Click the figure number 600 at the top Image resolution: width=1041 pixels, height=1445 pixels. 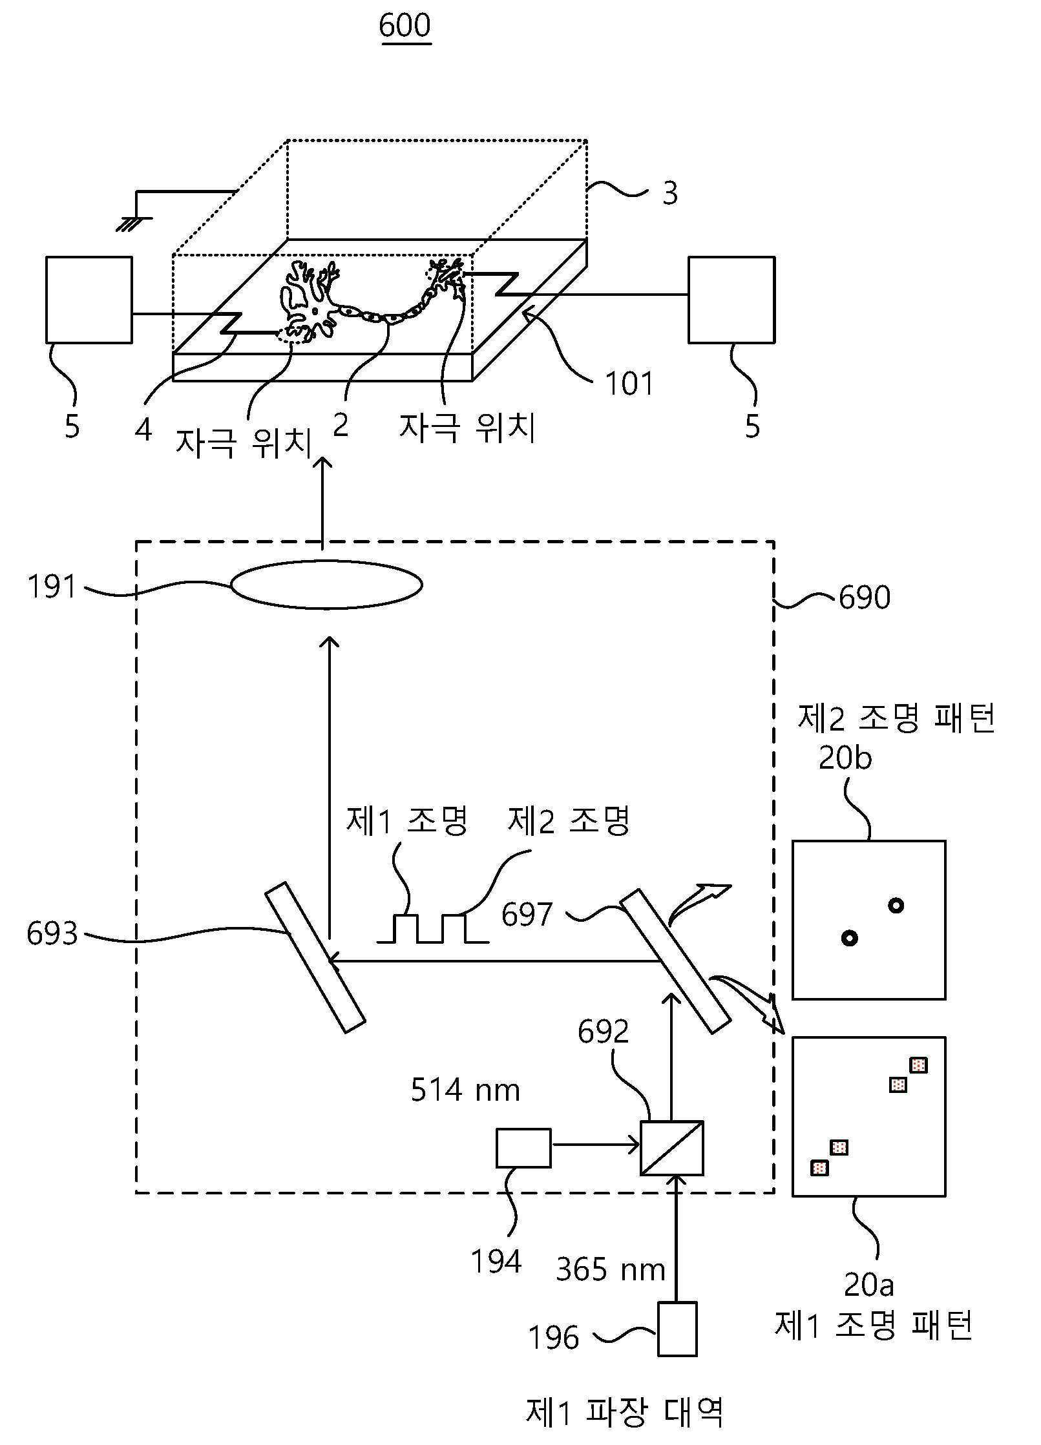point(405,26)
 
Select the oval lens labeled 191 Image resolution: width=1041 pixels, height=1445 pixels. point(327,585)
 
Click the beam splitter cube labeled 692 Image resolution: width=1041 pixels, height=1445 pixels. point(672,1148)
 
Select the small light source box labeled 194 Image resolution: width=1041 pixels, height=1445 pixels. point(523,1148)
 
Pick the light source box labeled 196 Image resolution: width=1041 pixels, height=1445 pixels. point(677,1329)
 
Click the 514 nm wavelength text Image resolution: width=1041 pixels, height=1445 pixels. point(465,1090)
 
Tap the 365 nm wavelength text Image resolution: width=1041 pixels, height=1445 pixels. point(611,1270)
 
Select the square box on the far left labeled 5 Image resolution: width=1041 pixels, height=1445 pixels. point(89,300)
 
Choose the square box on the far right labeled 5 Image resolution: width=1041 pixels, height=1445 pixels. point(731,300)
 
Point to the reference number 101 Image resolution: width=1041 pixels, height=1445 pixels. point(629,383)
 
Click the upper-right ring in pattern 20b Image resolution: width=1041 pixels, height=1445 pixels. point(896,906)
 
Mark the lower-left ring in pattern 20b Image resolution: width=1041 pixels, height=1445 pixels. point(849,938)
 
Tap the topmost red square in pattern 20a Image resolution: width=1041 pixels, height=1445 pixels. point(918,1065)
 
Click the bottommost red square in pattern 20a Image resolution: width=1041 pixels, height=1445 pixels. point(819,1168)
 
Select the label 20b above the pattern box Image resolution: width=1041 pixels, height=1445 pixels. point(845,758)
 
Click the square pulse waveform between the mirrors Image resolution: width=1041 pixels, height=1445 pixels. point(433,928)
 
